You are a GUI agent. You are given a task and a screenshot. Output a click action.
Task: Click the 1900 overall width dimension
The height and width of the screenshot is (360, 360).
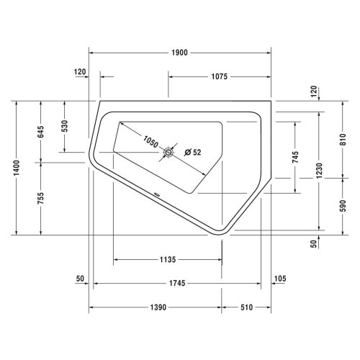[179, 53]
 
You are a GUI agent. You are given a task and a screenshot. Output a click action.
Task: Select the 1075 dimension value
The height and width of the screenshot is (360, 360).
[220, 76]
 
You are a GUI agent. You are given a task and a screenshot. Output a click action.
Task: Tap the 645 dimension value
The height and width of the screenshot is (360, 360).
[42, 131]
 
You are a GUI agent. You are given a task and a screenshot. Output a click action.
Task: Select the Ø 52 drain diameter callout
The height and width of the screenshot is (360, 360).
[193, 152]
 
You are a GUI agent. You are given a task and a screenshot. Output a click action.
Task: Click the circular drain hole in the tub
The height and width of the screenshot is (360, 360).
[169, 152]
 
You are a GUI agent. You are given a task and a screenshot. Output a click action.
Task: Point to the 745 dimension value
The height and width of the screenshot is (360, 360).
[295, 157]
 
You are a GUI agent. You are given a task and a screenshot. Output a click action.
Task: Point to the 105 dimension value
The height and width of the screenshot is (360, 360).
[281, 279]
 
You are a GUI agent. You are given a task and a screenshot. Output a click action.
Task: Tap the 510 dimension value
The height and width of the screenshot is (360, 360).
[246, 307]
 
